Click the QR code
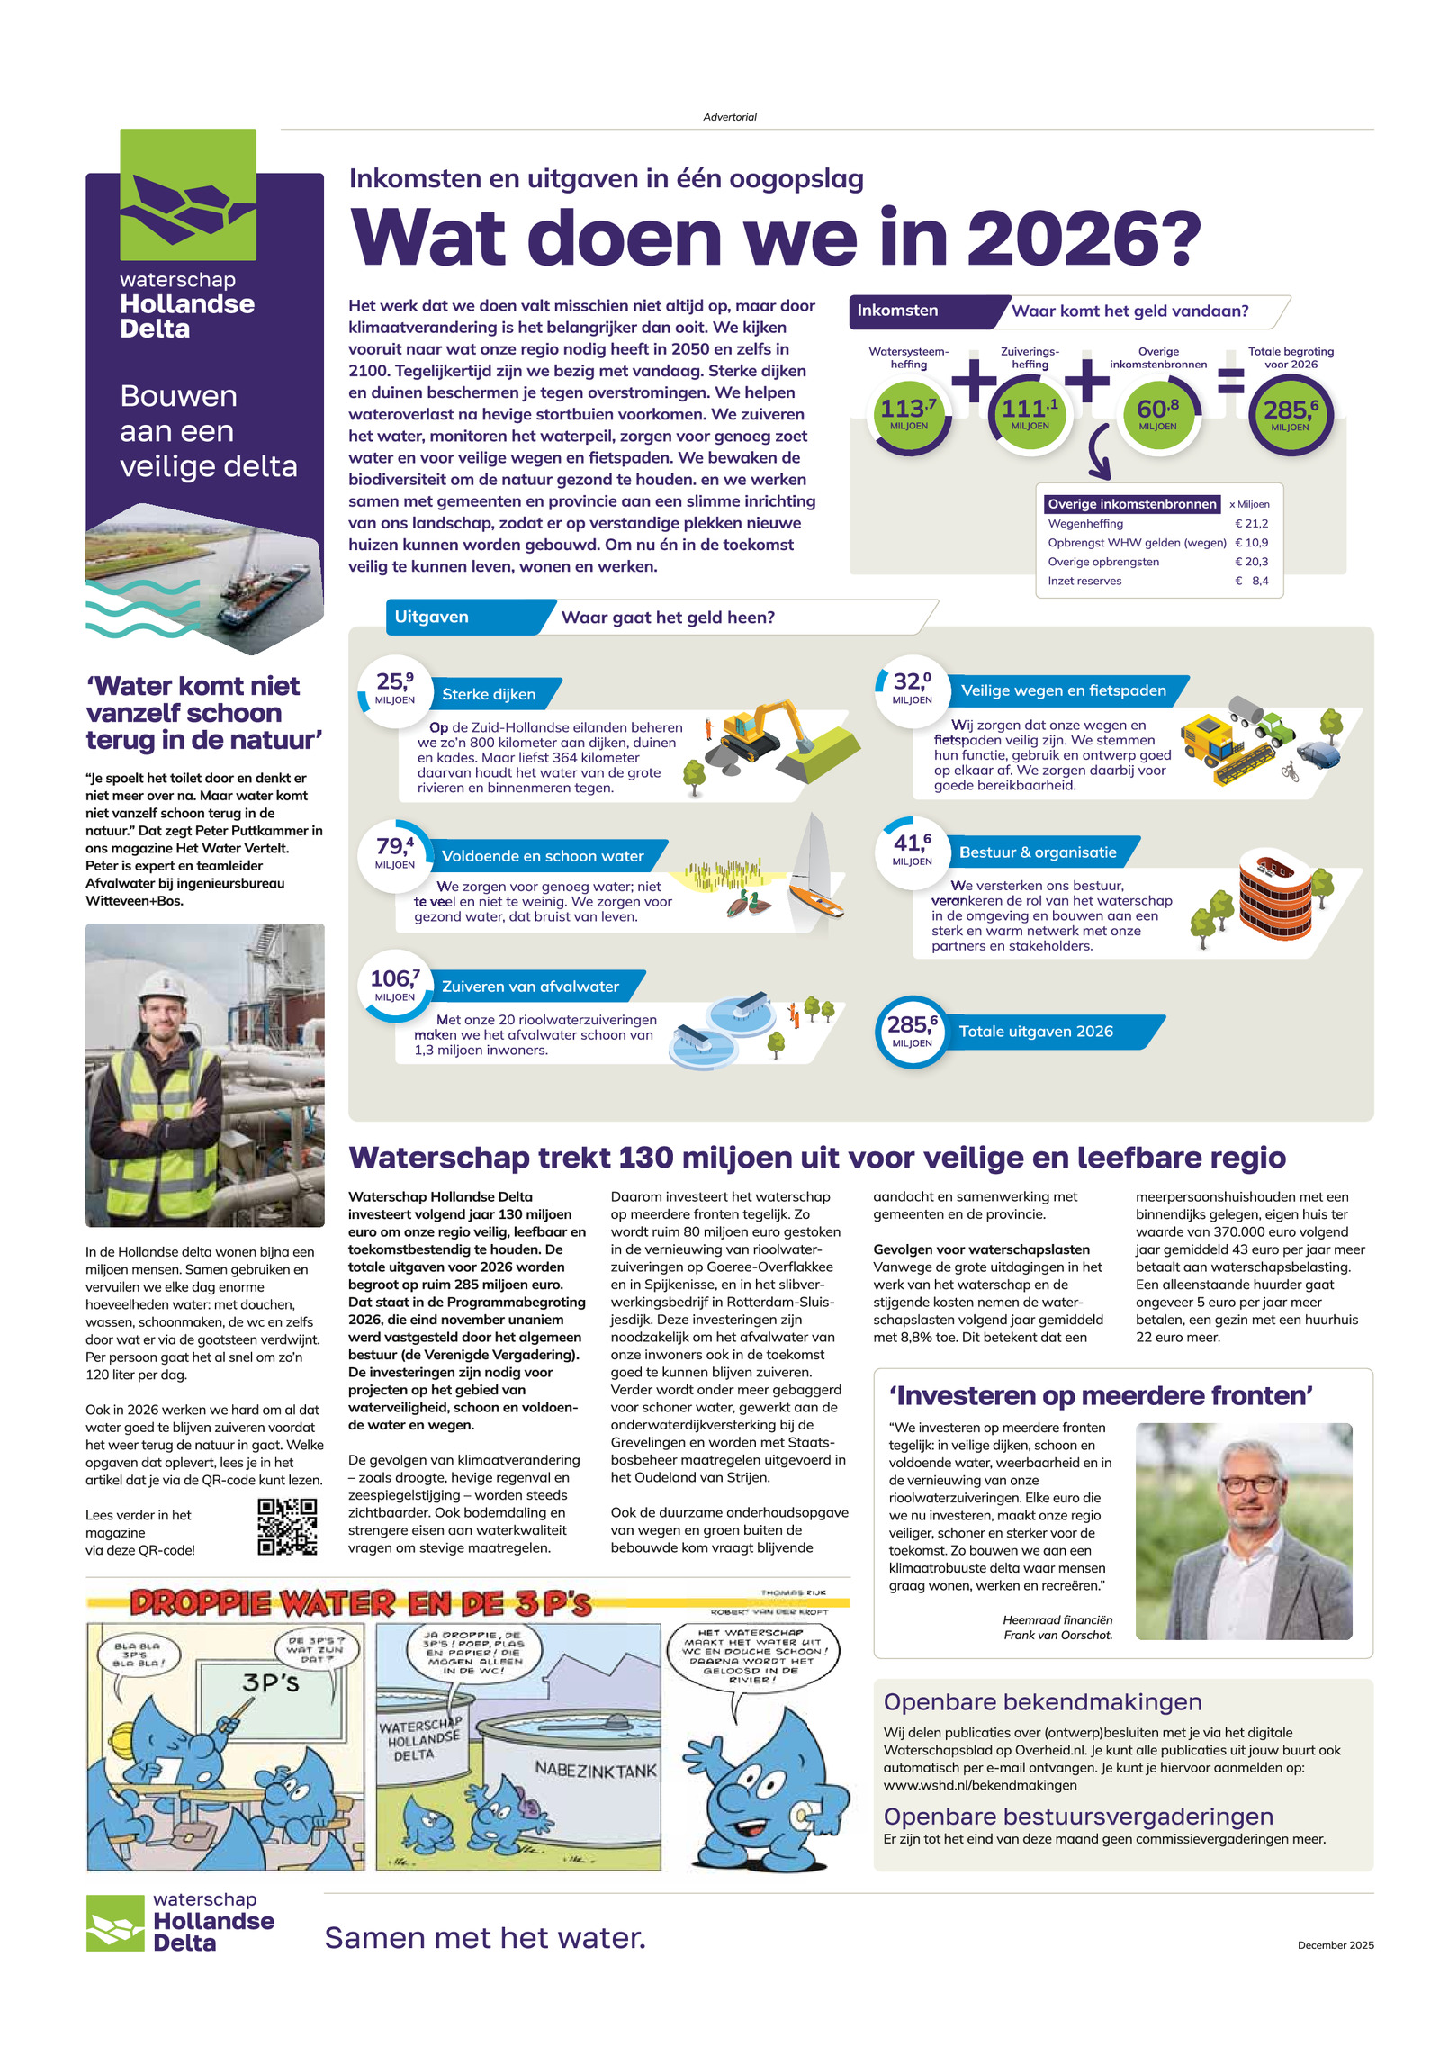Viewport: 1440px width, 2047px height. click(287, 1527)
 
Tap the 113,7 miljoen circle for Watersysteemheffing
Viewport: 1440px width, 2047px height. click(908, 415)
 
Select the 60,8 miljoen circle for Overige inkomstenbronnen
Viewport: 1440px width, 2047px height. click(1157, 415)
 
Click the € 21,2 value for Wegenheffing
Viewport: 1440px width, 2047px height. click(1251, 523)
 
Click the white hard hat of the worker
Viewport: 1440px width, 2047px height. click(164, 985)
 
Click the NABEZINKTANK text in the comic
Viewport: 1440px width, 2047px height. click(596, 1770)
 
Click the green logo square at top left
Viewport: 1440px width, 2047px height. click(188, 194)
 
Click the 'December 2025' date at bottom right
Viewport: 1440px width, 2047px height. click(1335, 1945)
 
